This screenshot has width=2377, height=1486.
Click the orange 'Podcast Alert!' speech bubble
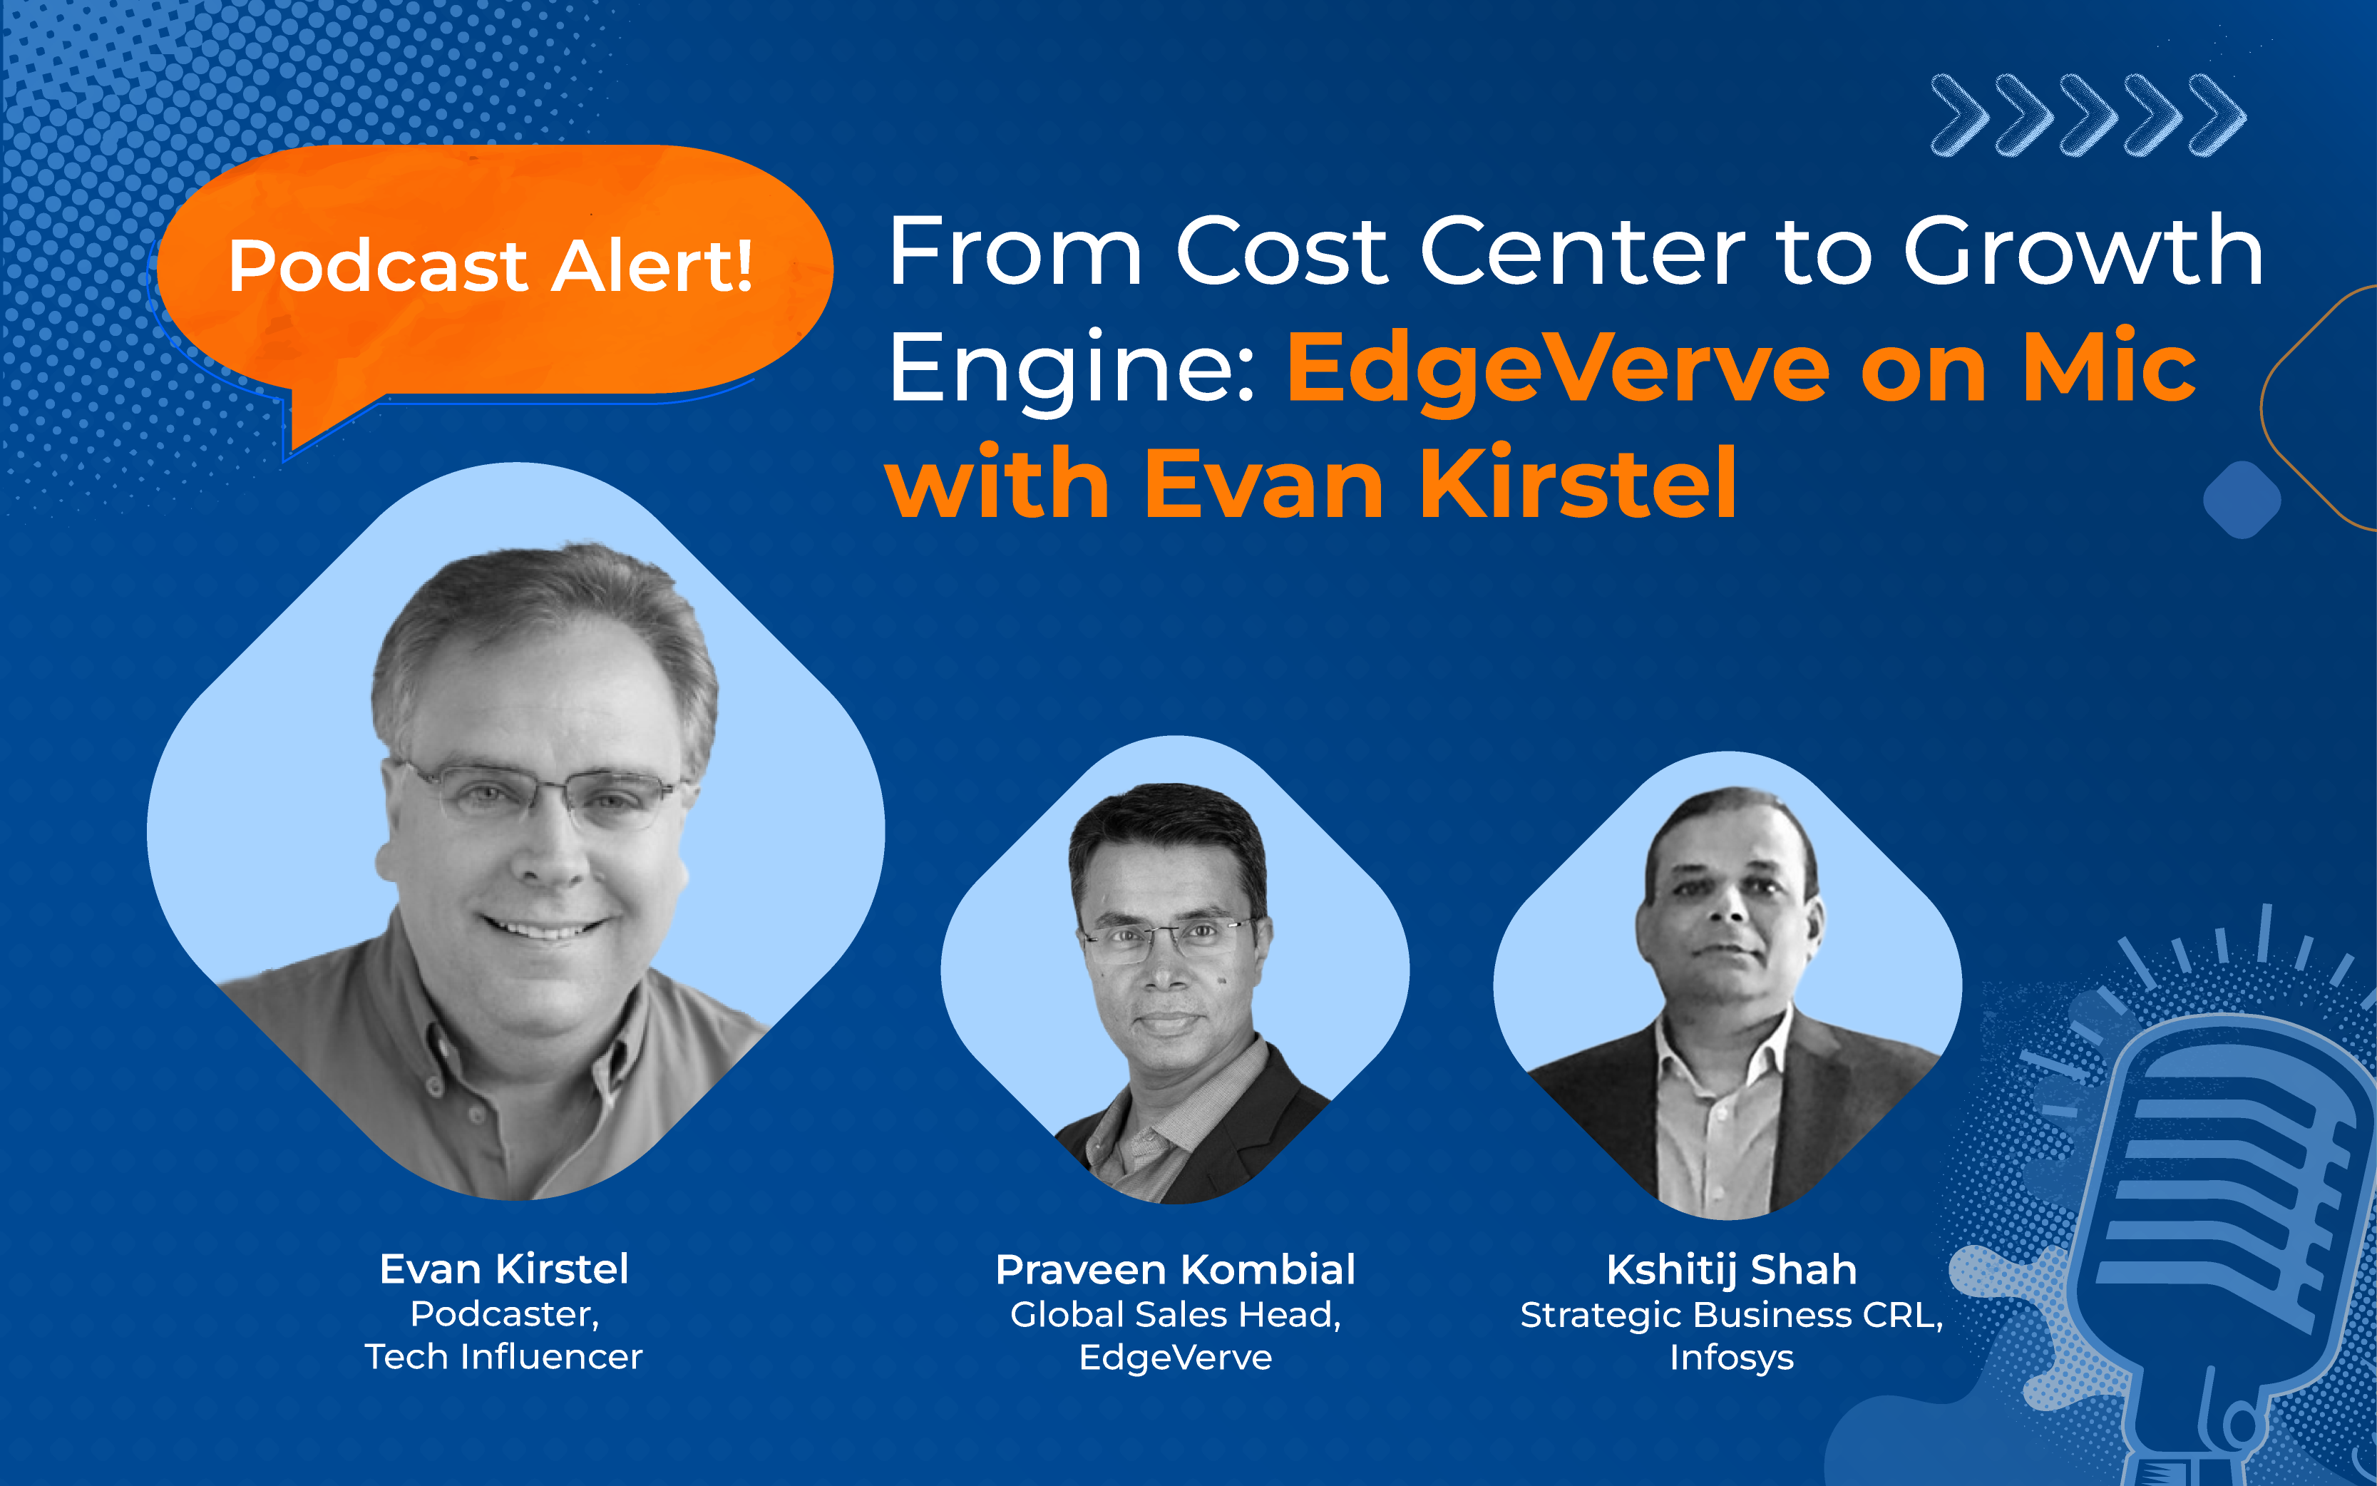point(491,270)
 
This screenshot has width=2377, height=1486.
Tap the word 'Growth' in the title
point(2083,254)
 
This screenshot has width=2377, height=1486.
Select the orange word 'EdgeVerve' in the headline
point(1558,371)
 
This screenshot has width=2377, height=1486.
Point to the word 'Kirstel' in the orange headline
point(1578,483)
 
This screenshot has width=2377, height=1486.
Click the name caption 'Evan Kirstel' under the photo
point(504,1269)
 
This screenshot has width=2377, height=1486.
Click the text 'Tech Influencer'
point(503,1357)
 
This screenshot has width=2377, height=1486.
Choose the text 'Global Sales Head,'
point(1175,1315)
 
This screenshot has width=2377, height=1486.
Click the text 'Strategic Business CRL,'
point(1731,1315)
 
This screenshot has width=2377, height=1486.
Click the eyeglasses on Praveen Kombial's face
point(1169,938)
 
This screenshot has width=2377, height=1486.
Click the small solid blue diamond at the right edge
point(2242,499)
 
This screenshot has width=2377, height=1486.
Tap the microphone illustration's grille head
point(2231,1179)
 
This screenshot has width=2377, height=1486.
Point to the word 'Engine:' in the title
point(1071,371)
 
